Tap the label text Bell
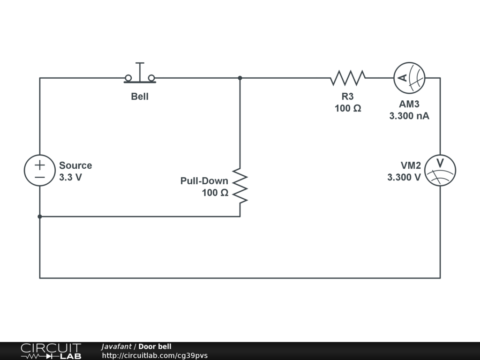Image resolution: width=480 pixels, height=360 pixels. tap(140, 97)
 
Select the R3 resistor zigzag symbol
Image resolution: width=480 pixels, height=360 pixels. tap(347, 78)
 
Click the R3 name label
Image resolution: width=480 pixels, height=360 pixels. tap(347, 97)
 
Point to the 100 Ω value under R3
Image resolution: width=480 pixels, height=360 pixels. tap(347, 108)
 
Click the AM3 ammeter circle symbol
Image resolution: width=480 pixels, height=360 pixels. tap(409, 78)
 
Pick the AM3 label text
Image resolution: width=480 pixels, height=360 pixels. tap(409, 104)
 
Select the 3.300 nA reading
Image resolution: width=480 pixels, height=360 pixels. tap(409, 116)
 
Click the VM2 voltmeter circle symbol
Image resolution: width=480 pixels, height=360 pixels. tap(440, 171)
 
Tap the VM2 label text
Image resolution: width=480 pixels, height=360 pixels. tap(411, 165)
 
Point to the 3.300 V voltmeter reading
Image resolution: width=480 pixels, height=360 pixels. tap(404, 177)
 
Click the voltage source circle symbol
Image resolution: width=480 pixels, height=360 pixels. tap(40, 171)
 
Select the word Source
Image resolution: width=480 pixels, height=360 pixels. tap(75, 165)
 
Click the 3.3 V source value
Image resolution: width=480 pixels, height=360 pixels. tap(70, 178)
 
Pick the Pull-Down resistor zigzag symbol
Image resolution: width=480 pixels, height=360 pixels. tap(240, 186)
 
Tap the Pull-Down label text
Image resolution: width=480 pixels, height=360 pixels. tap(204, 181)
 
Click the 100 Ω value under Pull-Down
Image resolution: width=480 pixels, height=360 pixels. tap(215, 193)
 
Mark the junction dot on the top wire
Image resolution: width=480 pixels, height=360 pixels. tap(240, 78)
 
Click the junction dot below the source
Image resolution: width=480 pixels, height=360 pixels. tap(40, 217)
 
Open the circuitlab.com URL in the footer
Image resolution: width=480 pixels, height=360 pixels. tap(155, 355)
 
